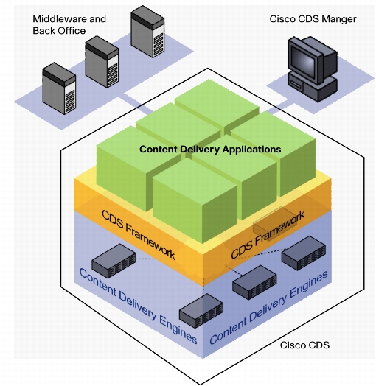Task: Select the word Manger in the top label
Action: (341, 19)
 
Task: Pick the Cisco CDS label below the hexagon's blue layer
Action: (304, 345)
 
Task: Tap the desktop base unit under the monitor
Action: (313, 88)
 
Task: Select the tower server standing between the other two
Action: (102, 62)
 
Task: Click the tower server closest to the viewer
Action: (59, 88)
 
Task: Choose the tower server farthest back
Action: (147, 32)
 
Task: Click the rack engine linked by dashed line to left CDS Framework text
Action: (114, 261)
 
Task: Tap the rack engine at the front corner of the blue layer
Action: (201, 311)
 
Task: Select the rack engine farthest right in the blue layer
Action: (304, 253)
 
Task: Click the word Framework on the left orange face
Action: (150, 242)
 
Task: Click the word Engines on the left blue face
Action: (178, 329)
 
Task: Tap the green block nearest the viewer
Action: (195, 200)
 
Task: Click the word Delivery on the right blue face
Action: (268, 308)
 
